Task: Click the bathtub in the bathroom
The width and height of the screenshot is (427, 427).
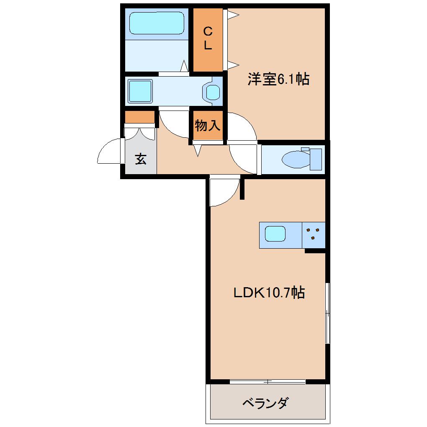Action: [x=157, y=23]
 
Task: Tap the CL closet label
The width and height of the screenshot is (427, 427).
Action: [x=208, y=38]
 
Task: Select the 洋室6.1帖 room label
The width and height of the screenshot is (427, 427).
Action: [x=278, y=79]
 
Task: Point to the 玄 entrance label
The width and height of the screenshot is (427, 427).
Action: [x=141, y=159]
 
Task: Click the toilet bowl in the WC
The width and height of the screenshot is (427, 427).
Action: [x=295, y=159]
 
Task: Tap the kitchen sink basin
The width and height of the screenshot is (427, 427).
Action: [x=275, y=234]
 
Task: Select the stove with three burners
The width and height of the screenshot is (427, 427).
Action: [x=314, y=234]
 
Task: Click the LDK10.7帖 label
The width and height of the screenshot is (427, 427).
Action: [x=268, y=293]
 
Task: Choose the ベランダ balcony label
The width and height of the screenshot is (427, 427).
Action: [x=265, y=404]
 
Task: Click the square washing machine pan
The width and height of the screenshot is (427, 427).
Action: [x=140, y=91]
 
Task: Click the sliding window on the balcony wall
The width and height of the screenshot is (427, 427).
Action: [x=268, y=381]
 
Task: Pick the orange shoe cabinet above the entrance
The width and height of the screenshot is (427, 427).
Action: [x=140, y=117]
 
